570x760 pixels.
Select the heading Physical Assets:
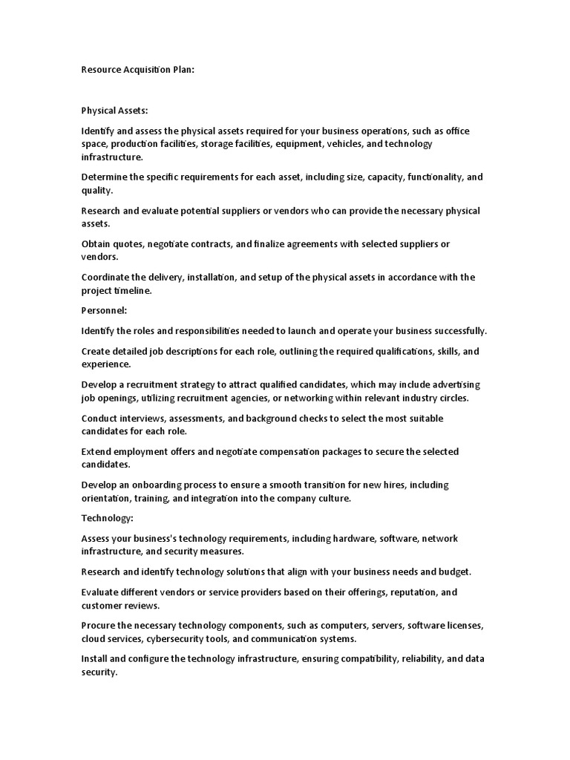click(114, 110)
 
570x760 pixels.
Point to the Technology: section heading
click(108, 518)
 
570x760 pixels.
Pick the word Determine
click(104, 177)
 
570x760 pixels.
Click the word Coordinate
click(106, 278)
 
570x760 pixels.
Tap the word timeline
click(131, 291)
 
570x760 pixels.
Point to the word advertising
click(455, 384)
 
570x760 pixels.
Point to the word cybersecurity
click(183, 638)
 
